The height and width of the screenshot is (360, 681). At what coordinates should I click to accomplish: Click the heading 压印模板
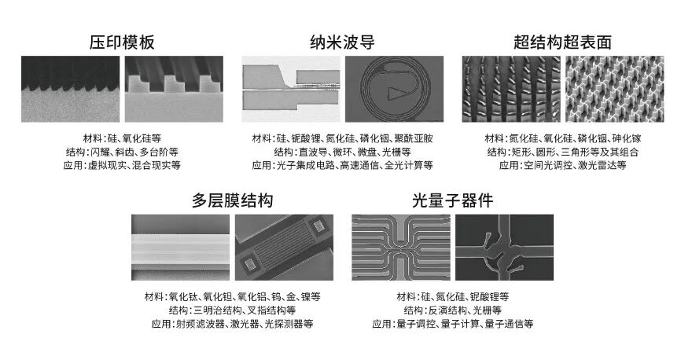coord(122,42)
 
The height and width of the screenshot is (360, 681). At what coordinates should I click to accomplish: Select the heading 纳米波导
coord(342,42)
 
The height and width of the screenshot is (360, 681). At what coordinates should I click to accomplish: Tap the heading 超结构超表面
coord(562,42)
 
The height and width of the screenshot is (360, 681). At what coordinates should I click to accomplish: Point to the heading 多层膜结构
coord(232,200)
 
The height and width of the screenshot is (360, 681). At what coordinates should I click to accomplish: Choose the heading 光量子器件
coord(452,200)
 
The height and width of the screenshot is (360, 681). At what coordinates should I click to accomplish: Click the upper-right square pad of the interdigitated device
coord(318,225)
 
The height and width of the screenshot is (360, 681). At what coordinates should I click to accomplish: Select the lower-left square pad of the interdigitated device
coord(250,264)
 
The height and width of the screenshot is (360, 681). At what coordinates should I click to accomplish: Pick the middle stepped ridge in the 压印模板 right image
coord(174,84)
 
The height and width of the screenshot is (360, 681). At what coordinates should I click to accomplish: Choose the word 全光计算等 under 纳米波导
coord(409,165)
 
